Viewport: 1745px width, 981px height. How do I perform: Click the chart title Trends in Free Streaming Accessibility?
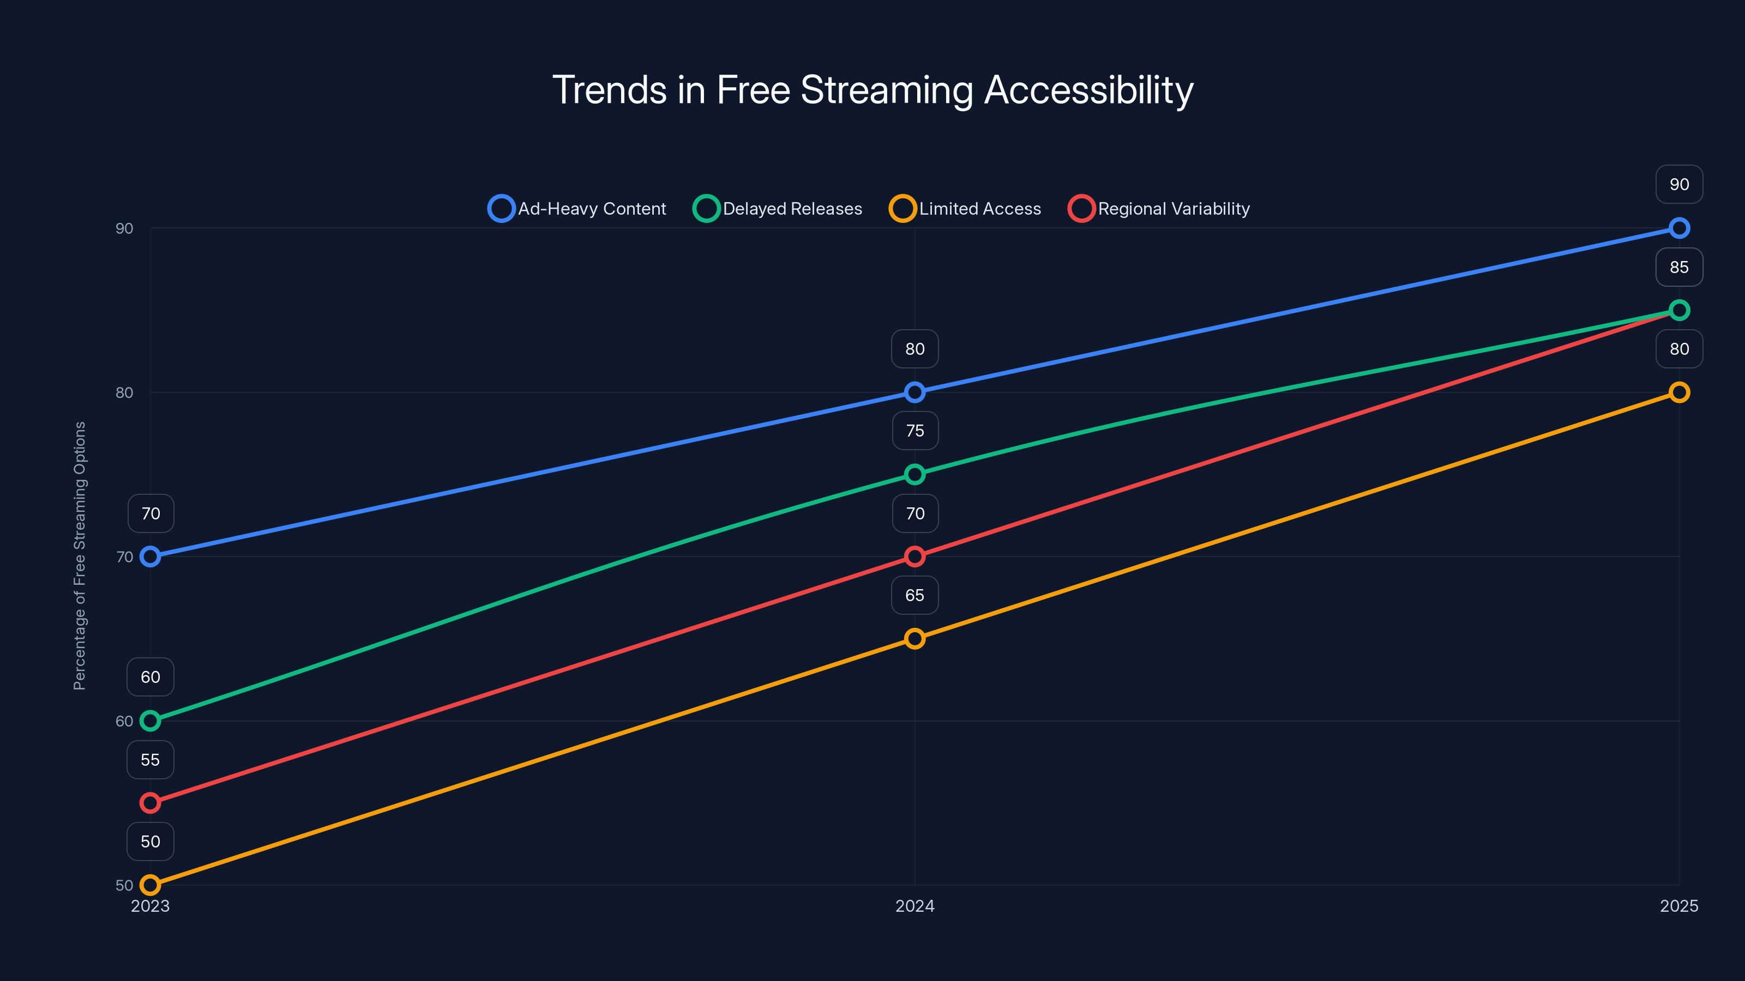(872, 90)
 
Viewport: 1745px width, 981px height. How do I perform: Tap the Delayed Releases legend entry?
(778, 209)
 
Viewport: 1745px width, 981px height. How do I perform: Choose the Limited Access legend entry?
(965, 209)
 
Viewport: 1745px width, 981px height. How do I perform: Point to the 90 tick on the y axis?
(124, 228)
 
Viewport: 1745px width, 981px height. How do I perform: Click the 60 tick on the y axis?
(124, 721)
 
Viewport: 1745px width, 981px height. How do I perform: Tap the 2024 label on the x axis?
(914, 906)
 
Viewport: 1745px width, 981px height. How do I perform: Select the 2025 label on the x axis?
(1678, 906)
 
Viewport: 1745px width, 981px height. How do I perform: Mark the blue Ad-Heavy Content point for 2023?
(151, 556)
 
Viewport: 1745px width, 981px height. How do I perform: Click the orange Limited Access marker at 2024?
(914, 638)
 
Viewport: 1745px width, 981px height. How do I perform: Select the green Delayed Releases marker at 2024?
(914, 474)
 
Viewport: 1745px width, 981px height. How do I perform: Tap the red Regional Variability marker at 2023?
(151, 803)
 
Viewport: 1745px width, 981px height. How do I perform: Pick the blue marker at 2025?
(1678, 228)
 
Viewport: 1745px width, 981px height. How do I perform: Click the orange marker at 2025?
(1678, 392)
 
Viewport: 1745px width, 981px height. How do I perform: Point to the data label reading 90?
(1678, 184)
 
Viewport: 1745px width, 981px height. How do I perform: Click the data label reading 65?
(914, 595)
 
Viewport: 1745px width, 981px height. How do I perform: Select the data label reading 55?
(151, 760)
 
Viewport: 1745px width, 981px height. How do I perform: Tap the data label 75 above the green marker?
(914, 431)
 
